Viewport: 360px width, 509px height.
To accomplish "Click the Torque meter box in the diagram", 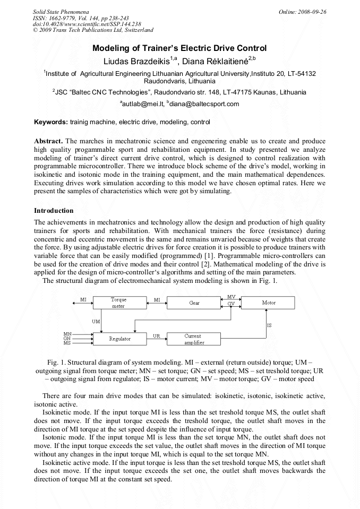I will pos(118,303).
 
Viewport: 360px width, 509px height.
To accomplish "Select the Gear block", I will pos(194,303).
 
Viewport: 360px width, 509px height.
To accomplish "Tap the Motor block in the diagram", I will pos(269,303).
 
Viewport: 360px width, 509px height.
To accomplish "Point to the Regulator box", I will pos(119,338).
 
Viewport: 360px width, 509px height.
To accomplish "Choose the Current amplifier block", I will pos(193,339).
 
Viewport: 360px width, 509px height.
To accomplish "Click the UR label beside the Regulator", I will pos(157,335).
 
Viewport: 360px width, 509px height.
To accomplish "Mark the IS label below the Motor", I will pos(270,325).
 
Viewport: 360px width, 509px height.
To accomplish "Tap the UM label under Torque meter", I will pos(96,322).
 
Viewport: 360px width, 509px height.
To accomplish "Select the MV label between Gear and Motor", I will pos(231,297).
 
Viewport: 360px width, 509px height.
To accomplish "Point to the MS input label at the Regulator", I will pos(67,343).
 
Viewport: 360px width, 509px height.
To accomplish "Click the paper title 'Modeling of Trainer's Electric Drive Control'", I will pos(179,48).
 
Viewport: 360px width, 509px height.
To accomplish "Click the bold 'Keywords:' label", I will pos(51,122).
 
